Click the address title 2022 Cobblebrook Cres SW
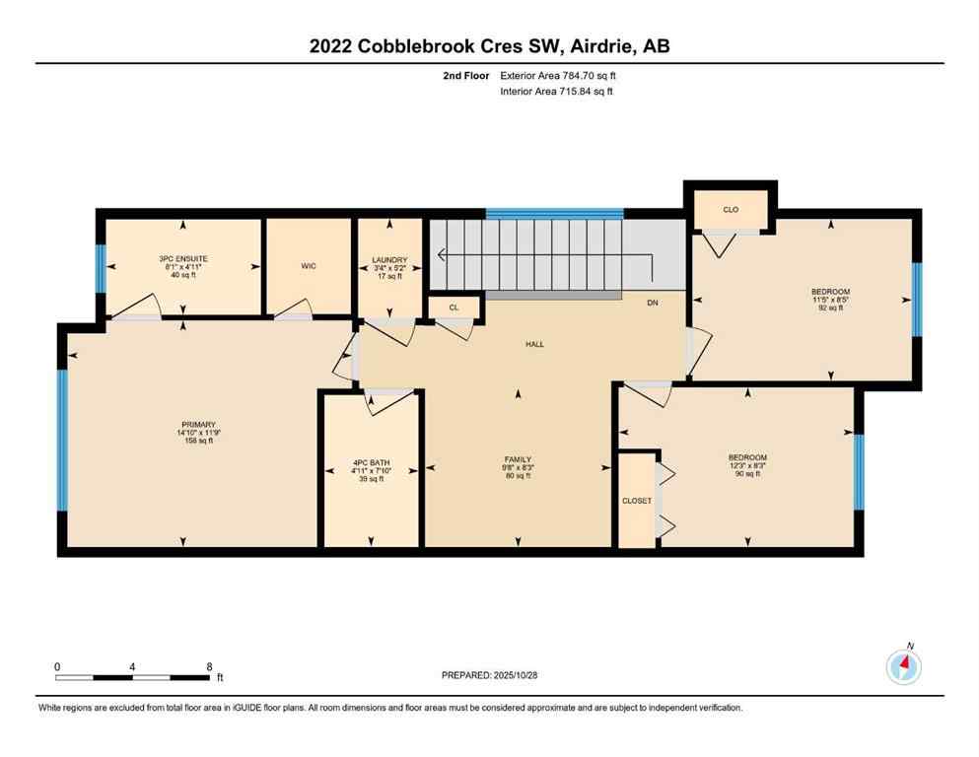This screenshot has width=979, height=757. pyautogui.click(x=489, y=46)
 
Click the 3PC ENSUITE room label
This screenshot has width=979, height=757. pyautogui.click(x=183, y=259)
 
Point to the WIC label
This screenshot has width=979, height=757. pyautogui.click(x=308, y=266)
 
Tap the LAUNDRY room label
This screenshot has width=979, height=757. pyautogui.click(x=389, y=260)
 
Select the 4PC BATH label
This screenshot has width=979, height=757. pyautogui.click(x=372, y=463)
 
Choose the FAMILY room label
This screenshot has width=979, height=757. pyautogui.click(x=518, y=459)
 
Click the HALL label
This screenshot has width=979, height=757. pyautogui.click(x=534, y=344)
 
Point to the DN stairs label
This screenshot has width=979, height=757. pyautogui.click(x=652, y=304)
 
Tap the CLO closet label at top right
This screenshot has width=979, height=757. pyautogui.click(x=731, y=210)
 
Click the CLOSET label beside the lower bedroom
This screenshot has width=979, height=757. pyautogui.click(x=636, y=501)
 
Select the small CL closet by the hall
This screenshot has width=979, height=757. pyautogui.click(x=454, y=308)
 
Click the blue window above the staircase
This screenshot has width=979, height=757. pyautogui.click(x=554, y=213)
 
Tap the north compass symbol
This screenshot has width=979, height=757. pyautogui.click(x=903, y=666)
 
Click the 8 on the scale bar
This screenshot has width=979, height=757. pyautogui.click(x=210, y=667)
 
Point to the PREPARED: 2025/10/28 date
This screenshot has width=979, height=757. pyautogui.click(x=489, y=675)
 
